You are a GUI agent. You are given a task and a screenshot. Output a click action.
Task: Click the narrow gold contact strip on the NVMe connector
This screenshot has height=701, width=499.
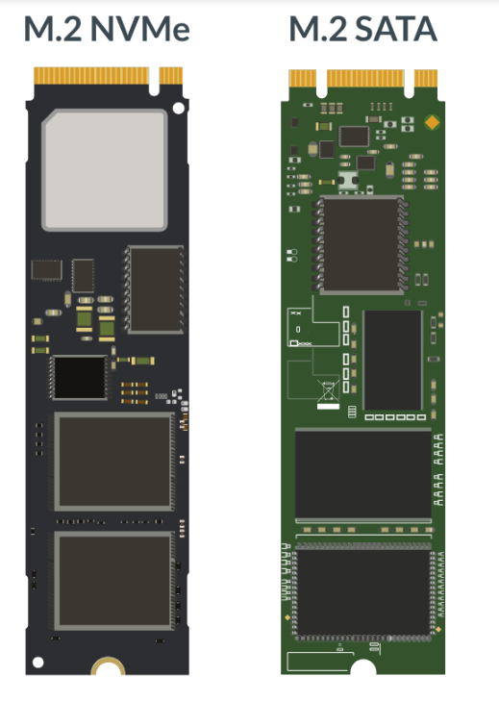click(x=171, y=75)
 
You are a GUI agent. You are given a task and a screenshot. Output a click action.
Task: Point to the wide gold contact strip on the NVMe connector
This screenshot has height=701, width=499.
click(x=92, y=75)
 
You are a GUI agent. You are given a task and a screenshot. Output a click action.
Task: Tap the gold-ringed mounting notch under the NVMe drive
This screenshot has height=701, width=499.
click(x=106, y=666)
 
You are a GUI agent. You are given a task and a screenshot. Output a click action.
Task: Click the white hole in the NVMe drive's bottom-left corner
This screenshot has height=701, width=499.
click(x=37, y=662)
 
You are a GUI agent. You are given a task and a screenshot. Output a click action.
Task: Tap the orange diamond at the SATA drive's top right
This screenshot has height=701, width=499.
click(x=430, y=121)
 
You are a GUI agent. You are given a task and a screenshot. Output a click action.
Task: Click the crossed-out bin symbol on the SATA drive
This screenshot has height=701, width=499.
click(x=327, y=391)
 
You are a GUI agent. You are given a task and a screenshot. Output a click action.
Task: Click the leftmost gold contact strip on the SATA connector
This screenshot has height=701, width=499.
click(x=302, y=77)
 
